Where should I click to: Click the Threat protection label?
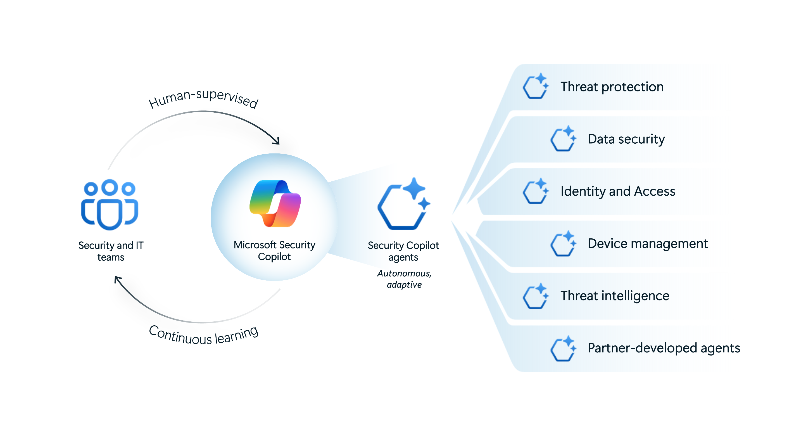point(612,87)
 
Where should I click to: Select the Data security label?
point(626,139)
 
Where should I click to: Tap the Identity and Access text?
point(617,191)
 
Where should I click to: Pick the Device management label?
point(647,243)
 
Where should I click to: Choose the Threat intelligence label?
point(614,296)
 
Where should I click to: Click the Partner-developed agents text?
point(664,348)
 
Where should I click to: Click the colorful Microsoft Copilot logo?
point(275,204)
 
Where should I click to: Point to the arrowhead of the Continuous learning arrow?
point(118,279)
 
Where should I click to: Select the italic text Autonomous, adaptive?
point(404,279)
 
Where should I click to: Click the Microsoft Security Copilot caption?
point(274,251)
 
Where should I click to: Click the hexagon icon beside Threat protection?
point(535,86)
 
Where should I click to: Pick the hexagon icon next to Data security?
point(563,139)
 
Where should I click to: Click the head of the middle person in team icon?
point(110,187)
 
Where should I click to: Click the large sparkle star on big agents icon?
point(414,188)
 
